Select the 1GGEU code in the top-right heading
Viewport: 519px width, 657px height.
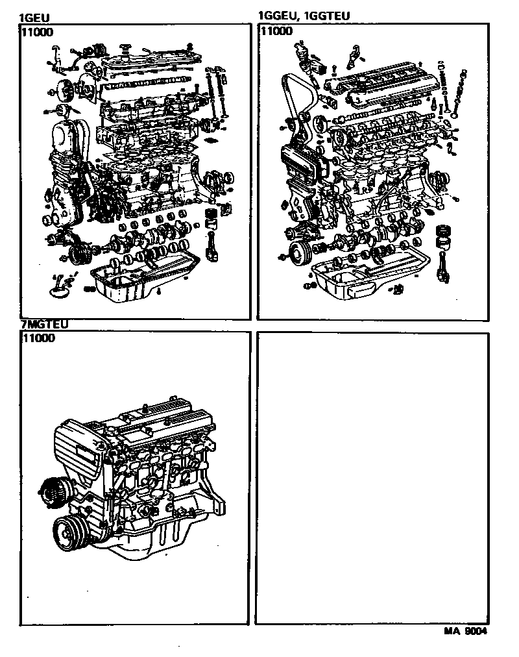277,16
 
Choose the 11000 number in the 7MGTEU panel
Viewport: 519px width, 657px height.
37,338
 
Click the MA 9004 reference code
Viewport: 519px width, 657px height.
465,631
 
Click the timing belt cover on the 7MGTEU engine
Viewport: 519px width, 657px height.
78,454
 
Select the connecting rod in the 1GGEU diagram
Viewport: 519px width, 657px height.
442,266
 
